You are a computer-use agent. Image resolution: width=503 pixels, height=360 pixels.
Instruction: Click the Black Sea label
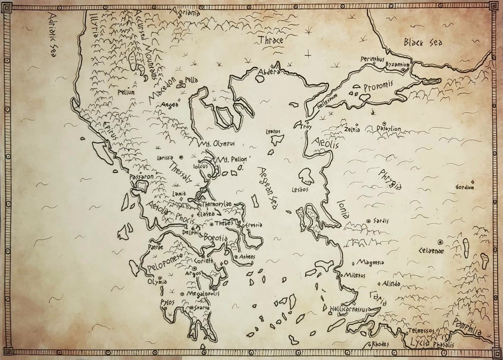(x=423, y=42)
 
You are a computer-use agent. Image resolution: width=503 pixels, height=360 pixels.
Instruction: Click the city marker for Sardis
(x=368, y=221)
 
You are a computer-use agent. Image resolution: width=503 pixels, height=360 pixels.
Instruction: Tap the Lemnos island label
(x=273, y=131)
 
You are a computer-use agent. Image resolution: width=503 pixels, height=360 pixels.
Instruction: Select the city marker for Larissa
(x=181, y=157)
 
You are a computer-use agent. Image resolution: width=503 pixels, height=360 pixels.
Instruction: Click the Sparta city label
(x=202, y=307)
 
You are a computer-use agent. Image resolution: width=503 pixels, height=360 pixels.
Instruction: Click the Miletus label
(x=355, y=275)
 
